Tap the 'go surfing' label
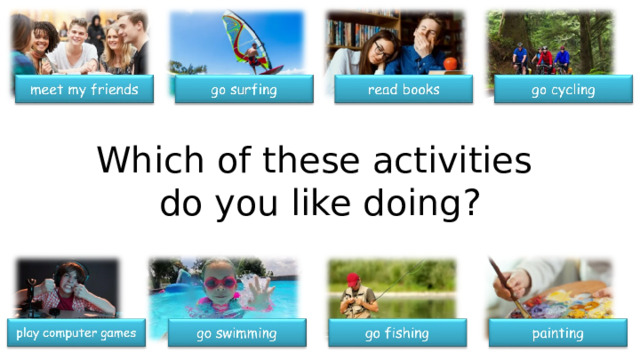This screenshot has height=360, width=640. coord(244,92)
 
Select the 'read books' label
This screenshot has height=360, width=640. coord(404,91)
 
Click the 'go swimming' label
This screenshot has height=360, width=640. coord(236,332)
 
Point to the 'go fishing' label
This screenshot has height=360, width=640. coord(397,332)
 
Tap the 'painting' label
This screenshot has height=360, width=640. coord(558,332)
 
